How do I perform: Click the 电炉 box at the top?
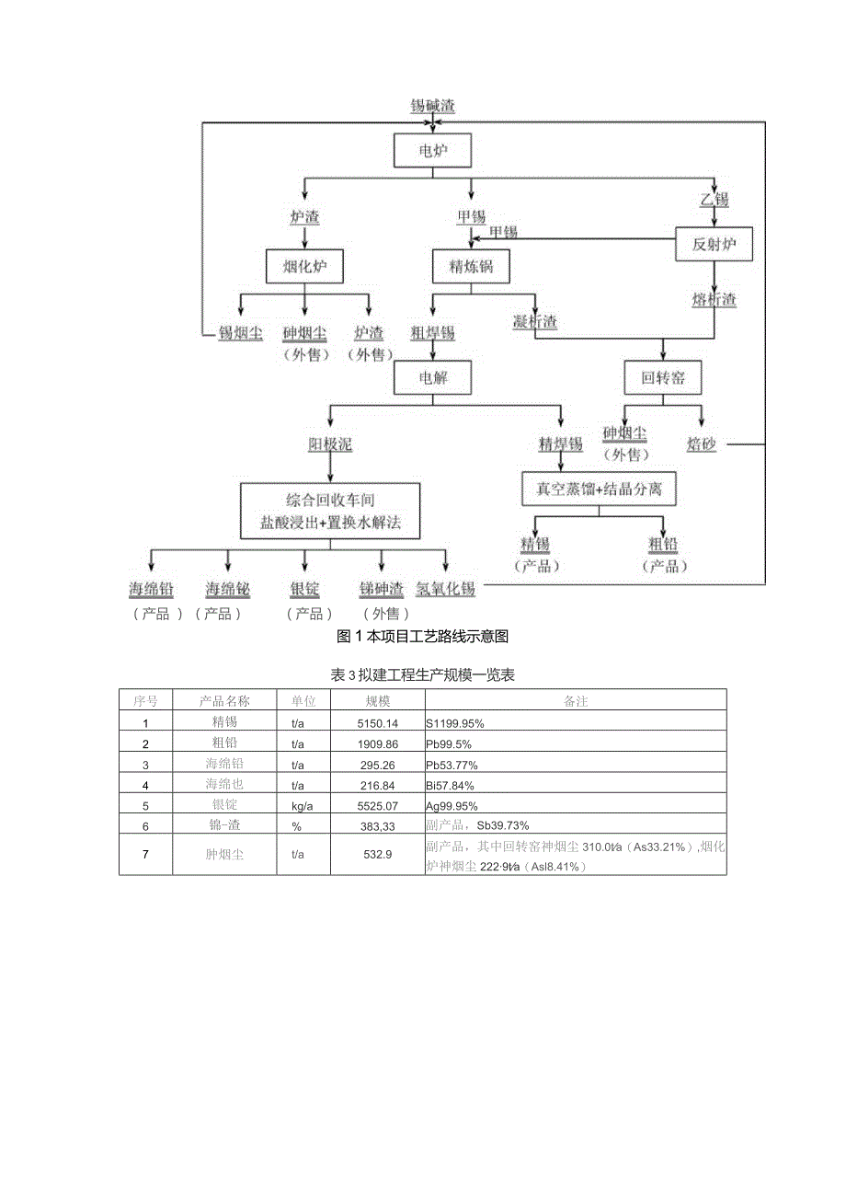pyautogui.click(x=433, y=151)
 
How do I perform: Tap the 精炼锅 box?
pyautogui.click(x=471, y=268)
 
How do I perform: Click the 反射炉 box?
pyautogui.click(x=715, y=246)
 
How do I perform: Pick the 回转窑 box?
pyautogui.click(x=662, y=377)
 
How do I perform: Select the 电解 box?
pyautogui.click(x=432, y=377)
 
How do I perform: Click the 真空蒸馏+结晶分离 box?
pyautogui.click(x=599, y=490)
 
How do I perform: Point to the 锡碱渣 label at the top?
pyautogui.click(x=432, y=106)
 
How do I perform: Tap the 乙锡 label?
pyautogui.click(x=715, y=199)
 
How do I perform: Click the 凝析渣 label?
pyautogui.click(x=534, y=322)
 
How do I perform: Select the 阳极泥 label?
pyautogui.click(x=330, y=444)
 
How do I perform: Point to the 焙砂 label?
pyautogui.click(x=701, y=444)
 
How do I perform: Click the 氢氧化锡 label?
pyautogui.click(x=445, y=589)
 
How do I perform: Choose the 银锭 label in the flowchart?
pyautogui.click(x=304, y=589)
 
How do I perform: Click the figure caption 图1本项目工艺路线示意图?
pyautogui.click(x=423, y=636)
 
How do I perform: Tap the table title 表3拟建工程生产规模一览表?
pyautogui.click(x=423, y=675)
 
